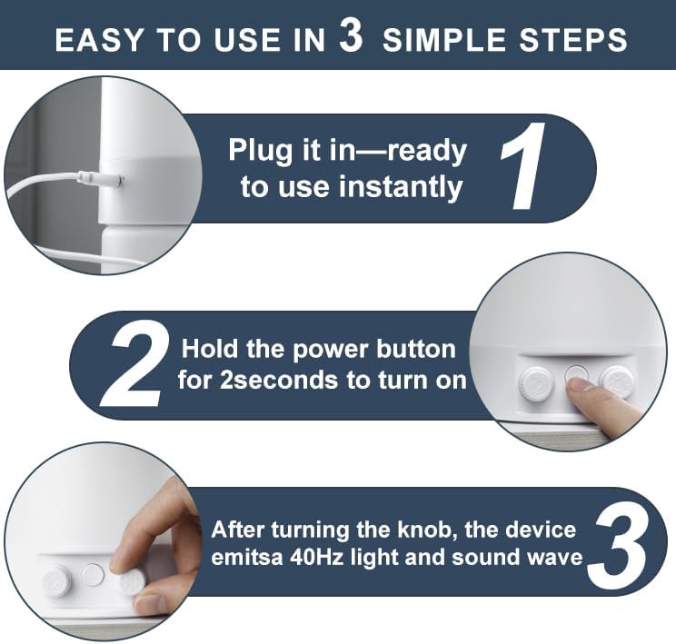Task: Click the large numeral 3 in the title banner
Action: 351,36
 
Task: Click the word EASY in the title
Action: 99,40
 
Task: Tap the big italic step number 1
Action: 523,166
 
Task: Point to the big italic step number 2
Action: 135,365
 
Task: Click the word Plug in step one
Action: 262,151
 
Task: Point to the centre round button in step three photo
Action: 93,574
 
